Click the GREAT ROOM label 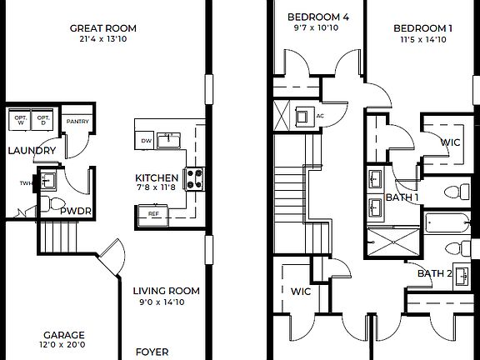[x=103, y=28]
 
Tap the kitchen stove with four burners [x=195, y=177]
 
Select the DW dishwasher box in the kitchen [x=146, y=141]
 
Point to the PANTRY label [x=77, y=120]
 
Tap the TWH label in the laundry [x=25, y=183]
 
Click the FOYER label [x=152, y=352]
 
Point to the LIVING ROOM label [x=167, y=291]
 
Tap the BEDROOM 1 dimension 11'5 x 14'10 [x=423, y=39]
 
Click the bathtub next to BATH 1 [x=449, y=223]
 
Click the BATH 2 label [x=433, y=273]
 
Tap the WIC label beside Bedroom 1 [x=449, y=142]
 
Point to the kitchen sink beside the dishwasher [x=169, y=139]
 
